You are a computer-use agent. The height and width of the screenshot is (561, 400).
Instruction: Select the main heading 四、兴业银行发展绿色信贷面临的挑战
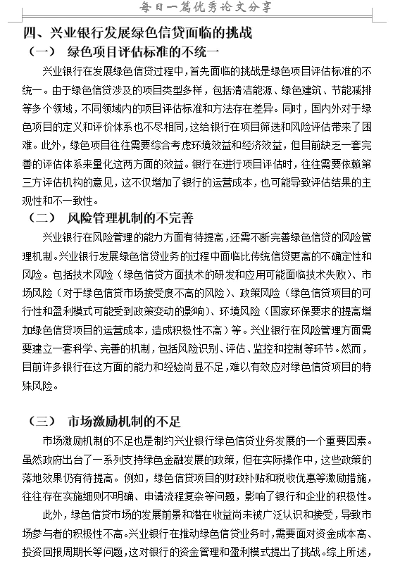pyautogui.click(x=137, y=33)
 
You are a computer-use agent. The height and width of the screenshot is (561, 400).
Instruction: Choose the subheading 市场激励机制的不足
pyautogui.click(x=125, y=422)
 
